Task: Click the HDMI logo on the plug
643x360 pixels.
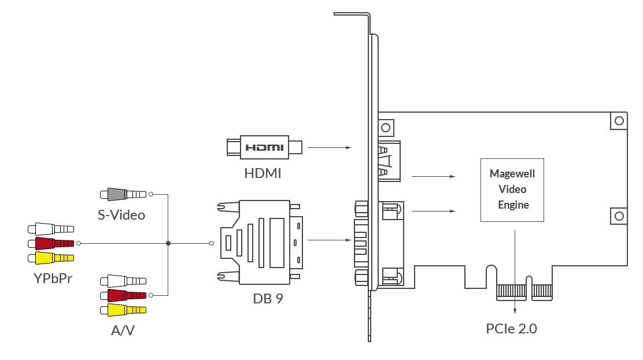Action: coord(264,147)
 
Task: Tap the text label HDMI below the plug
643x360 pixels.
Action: coord(263,173)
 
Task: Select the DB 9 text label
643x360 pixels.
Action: coord(268,299)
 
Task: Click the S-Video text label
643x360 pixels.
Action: coord(121,215)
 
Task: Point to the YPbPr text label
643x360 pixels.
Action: coord(53,279)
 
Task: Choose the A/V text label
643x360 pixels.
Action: coord(123,330)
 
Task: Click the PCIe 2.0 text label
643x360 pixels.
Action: coord(511,328)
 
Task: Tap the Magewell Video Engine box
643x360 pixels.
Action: coord(512,190)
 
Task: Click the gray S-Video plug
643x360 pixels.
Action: coord(123,194)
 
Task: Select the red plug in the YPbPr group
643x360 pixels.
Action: coord(51,243)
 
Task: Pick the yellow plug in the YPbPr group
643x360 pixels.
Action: coord(51,258)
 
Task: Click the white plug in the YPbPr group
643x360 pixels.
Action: coord(51,229)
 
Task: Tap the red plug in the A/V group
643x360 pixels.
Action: coord(123,295)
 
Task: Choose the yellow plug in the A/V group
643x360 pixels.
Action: coord(123,310)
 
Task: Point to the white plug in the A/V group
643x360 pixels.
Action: coord(123,281)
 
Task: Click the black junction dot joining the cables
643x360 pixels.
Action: coord(168,243)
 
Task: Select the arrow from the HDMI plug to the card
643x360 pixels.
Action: coord(329,147)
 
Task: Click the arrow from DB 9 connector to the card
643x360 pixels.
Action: coord(329,240)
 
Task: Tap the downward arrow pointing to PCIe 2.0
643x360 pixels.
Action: coord(515,272)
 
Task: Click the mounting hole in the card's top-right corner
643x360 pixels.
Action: coord(619,121)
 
